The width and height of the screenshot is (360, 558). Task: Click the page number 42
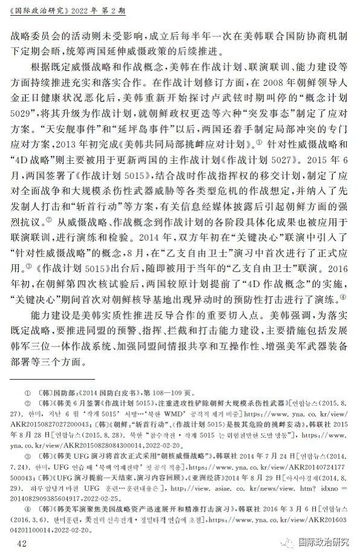pyautogui.click(x=22, y=543)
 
